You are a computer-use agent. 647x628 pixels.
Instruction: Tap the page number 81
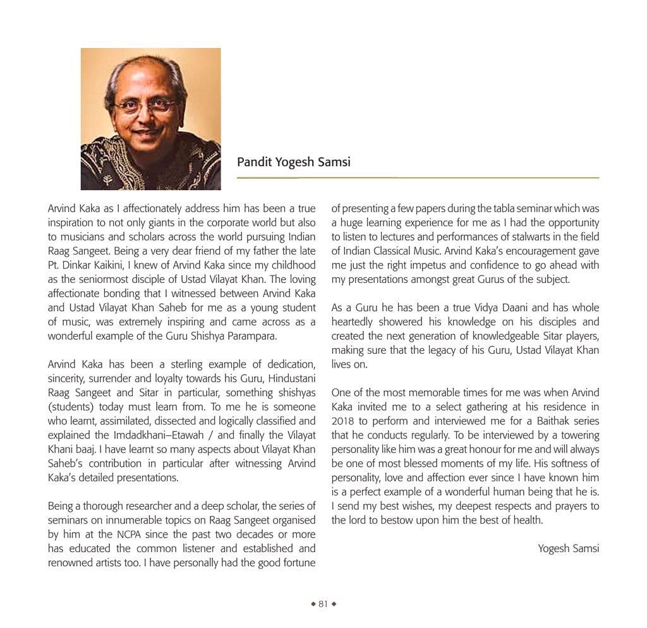click(x=323, y=604)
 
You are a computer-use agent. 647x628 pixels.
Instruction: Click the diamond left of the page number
click(x=313, y=604)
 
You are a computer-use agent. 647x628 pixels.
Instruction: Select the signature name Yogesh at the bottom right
click(x=553, y=548)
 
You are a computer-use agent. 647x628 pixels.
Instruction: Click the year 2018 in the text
click(x=343, y=421)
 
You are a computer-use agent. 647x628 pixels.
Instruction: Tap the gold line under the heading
click(x=417, y=178)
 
